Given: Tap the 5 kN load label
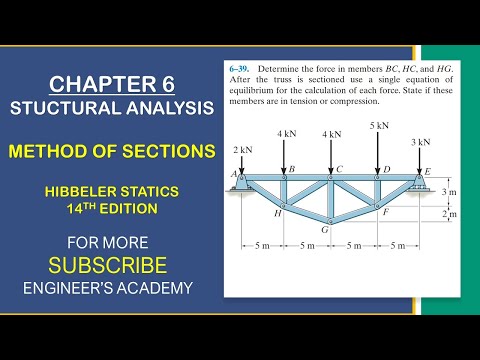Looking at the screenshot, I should click(379, 126).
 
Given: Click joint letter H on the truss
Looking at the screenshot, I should click(277, 213).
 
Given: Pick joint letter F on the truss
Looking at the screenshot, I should click(385, 212).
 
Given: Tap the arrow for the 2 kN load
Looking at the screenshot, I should click(241, 163).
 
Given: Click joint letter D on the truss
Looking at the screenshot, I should click(386, 169).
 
